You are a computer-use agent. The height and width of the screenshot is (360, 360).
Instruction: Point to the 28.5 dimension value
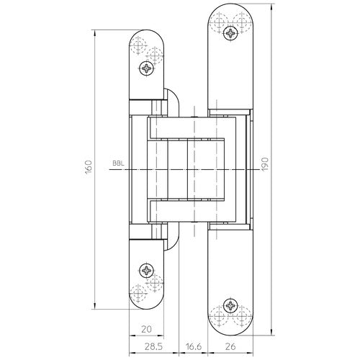click(x=153, y=347)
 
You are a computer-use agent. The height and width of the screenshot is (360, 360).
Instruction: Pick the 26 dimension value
click(x=230, y=347)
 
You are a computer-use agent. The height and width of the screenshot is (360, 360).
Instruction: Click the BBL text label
click(x=118, y=163)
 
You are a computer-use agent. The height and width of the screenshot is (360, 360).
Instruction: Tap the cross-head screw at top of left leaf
click(x=148, y=69)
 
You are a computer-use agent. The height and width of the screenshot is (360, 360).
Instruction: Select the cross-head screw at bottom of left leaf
click(x=148, y=271)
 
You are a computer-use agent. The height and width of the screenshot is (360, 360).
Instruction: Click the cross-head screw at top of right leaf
click(x=231, y=32)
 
